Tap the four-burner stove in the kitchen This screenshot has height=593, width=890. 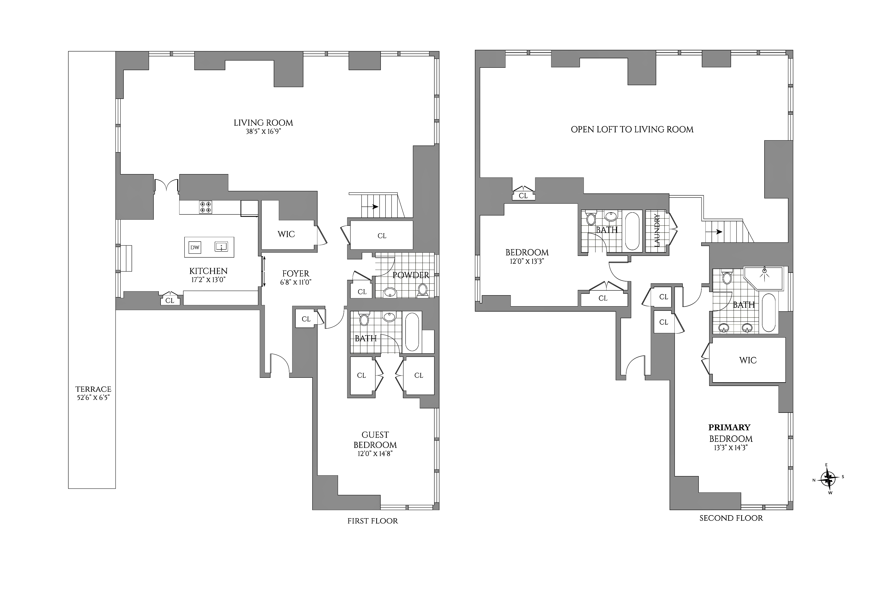point(205,207)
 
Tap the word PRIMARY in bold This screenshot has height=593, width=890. point(729,427)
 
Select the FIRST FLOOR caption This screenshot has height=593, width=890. point(373,521)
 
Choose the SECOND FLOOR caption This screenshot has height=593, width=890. point(731,518)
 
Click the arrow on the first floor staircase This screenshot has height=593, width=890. point(370,207)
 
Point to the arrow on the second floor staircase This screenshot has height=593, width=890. point(714,232)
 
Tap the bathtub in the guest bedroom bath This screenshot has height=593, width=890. point(412,332)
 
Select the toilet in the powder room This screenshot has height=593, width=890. point(423,290)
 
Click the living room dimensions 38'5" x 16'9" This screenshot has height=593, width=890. point(263,132)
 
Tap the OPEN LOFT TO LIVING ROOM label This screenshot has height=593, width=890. point(632,129)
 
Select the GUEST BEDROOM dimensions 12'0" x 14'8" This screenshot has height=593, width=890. point(375,453)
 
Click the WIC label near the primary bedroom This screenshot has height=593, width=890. point(748,360)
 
